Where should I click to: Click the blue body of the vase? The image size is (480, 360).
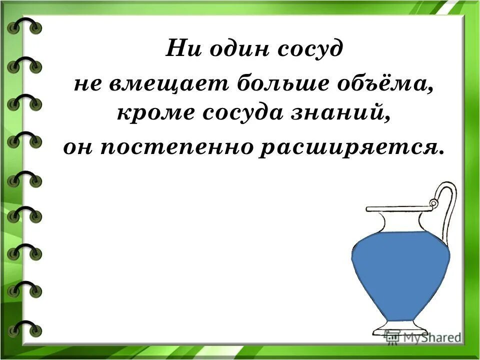pos(400,272)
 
